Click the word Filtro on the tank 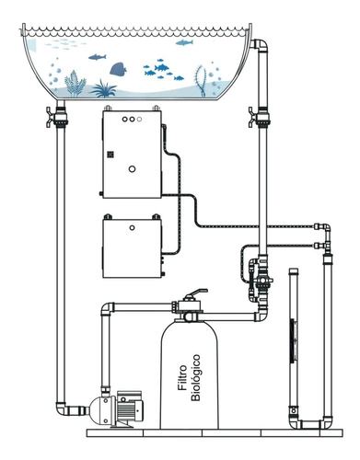[182, 377]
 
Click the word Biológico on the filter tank [195, 377]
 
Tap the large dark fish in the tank [118, 69]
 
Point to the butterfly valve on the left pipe [57, 117]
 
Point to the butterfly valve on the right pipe [259, 117]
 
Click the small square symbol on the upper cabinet [110, 155]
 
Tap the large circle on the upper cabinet [132, 168]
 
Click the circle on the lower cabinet [132, 228]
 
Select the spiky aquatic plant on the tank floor [103, 88]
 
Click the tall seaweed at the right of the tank [200, 80]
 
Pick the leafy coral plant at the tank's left [75, 83]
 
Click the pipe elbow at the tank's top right [261, 45]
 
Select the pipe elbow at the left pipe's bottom [63, 408]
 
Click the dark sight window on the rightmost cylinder [293, 340]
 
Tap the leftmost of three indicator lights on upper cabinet [124, 120]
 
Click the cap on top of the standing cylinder [294, 271]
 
